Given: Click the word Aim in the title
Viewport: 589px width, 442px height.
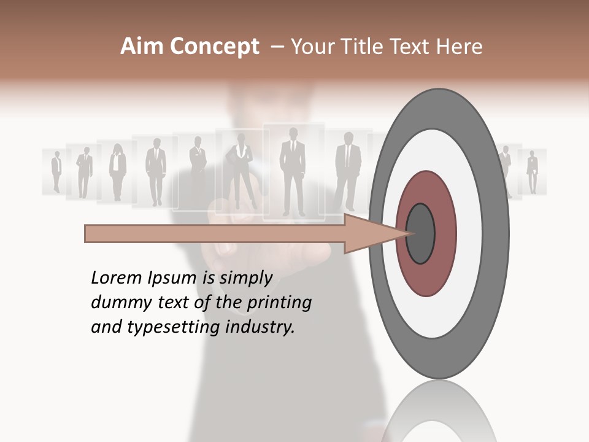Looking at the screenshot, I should click(142, 47).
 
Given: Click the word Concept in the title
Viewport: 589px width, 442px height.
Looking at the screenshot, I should click(214, 47).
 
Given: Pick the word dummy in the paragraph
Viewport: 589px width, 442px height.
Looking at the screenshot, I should click(117, 303).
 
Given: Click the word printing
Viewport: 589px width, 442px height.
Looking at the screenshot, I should click(279, 303).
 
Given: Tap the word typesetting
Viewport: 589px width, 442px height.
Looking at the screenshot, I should click(174, 327).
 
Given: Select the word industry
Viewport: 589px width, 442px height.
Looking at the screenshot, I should click(260, 327).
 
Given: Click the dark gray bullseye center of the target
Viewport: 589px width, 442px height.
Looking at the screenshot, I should click(421, 233).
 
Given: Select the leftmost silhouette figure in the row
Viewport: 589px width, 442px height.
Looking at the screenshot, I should click(56, 171).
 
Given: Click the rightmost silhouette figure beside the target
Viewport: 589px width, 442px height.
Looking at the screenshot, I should click(533, 172).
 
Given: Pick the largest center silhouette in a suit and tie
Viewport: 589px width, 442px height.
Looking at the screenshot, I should click(293, 171).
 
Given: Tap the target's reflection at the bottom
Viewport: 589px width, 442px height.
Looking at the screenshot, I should click(439, 417).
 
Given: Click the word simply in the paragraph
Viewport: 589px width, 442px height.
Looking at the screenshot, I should click(245, 278).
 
